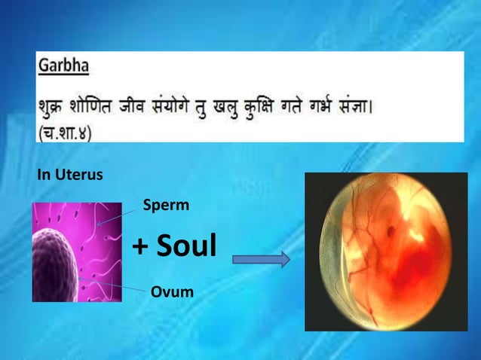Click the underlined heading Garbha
(63, 66)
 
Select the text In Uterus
(70, 175)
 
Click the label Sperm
(166, 204)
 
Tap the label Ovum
(172, 291)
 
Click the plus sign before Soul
(139, 246)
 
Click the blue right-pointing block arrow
(261, 260)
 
